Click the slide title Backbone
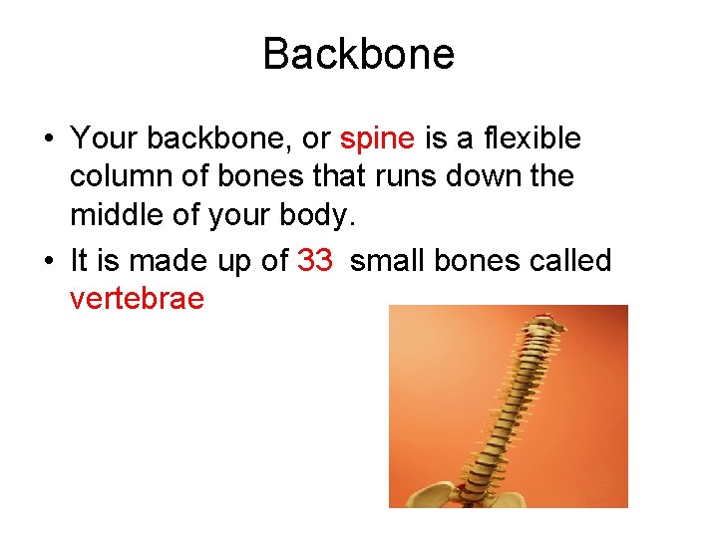(x=358, y=54)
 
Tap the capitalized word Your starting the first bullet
(x=104, y=138)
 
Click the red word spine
(x=377, y=138)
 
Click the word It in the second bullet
(x=81, y=260)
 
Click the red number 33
(x=315, y=260)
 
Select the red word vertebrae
(x=138, y=298)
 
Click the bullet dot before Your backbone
(x=49, y=139)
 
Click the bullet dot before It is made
(x=49, y=261)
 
